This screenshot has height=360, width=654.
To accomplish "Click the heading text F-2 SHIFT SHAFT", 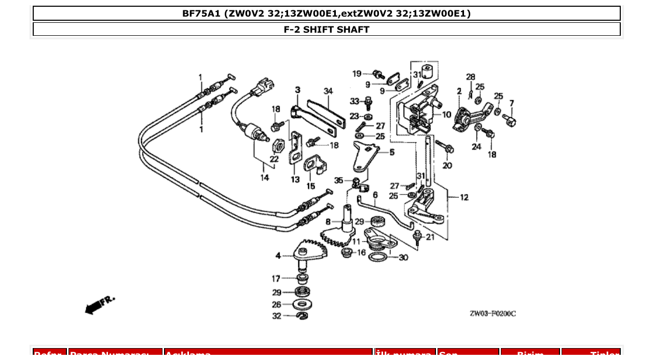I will pyautogui.click(x=326, y=30).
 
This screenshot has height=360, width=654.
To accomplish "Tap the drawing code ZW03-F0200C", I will pyautogui.click(x=493, y=313).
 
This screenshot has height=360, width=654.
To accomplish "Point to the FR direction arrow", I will pyautogui.click(x=99, y=306).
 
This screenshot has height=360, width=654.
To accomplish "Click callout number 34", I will pyautogui.click(x=328, y=91).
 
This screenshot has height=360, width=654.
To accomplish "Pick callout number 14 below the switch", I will pyautogui.click(x=265, y=178).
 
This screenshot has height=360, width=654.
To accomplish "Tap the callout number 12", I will pyautogui.click(x=464, y=198).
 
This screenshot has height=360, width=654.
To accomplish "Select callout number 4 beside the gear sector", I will pyautogui.click(x=278, y=256).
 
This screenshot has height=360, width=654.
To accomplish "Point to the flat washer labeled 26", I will pyautogui.click(x=302, y=304).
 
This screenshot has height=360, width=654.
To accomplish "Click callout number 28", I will pyautogui.click(x=470, y=77).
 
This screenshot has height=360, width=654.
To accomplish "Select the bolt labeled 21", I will pyautogui.click(x=417, y=237).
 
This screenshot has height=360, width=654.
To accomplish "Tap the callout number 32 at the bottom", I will pyautogui.click(x=277, y=316).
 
